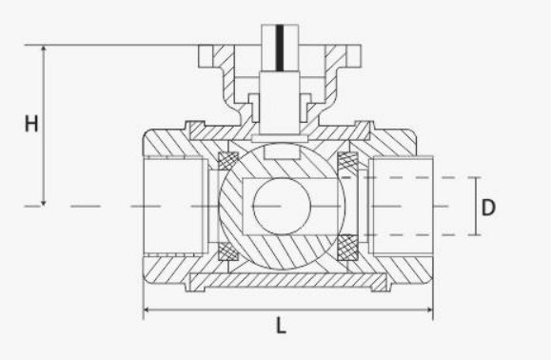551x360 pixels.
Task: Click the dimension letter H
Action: pyautogui.click(x=31, y=124)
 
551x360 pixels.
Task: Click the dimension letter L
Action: pyautogui.click(x=281, y=326)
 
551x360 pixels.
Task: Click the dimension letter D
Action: pyautogui.click(x=488, y=207)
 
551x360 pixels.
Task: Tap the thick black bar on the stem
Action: pyautogui.click(x=280, y=48)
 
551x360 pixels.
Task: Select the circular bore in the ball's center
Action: pyautogui.click(x=282, y=206)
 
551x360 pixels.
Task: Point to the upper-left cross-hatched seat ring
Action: pyautogui.click(x=228, y=161)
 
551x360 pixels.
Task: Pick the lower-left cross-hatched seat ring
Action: pyautogui.click(x=228, y=251)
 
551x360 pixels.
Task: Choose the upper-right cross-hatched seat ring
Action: pyautogui.click(x=347, y=161)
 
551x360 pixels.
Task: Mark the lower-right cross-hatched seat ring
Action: pyautogui.click(x=347, y=248)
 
